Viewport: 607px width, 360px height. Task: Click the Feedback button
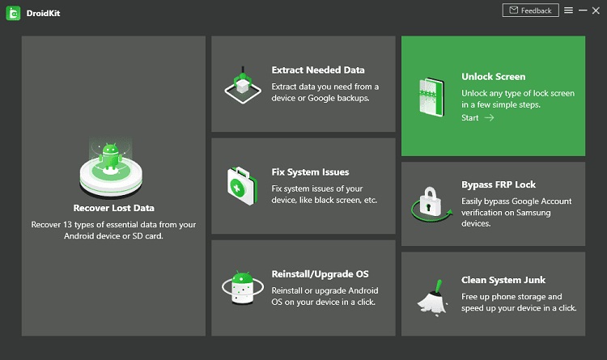(x=530, y=11)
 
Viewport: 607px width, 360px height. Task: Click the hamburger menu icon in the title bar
(x=569, y=11)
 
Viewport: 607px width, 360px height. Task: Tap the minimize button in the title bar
(x=582, y=11)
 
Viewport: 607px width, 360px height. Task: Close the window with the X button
(x=596, y=11)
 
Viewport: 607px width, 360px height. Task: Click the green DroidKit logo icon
(x=13, y=13)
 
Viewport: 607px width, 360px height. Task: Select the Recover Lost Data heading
(x=113, y=208)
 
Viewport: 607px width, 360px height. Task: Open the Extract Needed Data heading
(x=318, y=70)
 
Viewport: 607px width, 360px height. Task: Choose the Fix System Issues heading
(x=310, y=172)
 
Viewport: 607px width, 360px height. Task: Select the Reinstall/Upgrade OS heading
(x=320, y=274)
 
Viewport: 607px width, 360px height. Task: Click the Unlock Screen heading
(x=493, y=77)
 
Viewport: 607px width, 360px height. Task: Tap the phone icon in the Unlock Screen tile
(x=429, y=96)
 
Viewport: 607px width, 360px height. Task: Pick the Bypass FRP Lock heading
(x=499, y=184)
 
